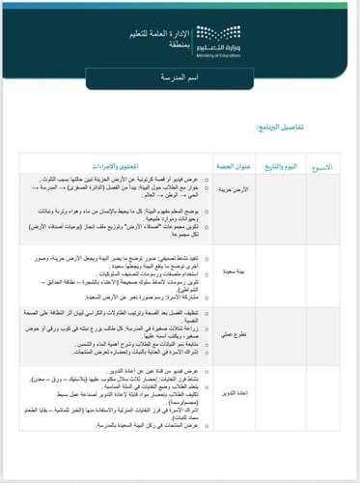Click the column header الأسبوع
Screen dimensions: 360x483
pos(325,167)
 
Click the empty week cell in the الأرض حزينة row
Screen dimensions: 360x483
pos(325,208)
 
